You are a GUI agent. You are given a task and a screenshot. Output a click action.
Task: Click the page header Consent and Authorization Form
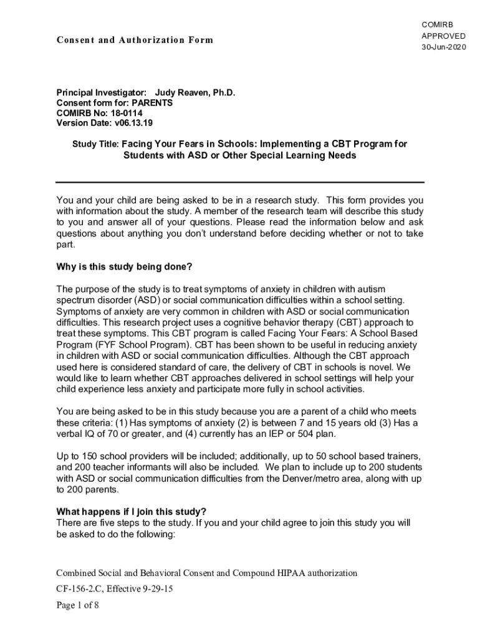[x=135, y=40]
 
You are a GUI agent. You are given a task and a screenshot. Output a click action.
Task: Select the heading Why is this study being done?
[x=124, y=268]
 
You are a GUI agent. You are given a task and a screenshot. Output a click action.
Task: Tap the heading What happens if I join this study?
[x=132, y=512]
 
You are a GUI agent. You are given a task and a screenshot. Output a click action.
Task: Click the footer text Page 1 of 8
[x=77, y=605]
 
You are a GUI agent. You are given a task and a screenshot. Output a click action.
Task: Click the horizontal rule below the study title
[x=240, y=182]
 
